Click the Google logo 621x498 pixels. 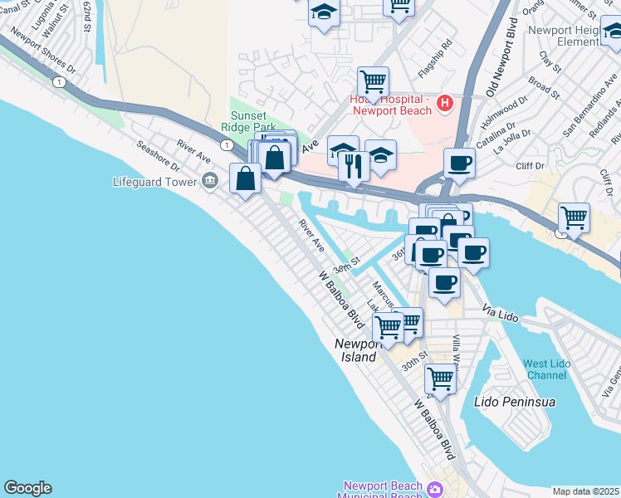(x=27, y=488)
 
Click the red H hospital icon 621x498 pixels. (x=445, y=104)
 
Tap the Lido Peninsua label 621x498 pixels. (x=514, y=402)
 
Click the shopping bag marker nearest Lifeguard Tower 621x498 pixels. (x=246, y=178)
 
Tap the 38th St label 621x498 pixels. (x=345, y=267)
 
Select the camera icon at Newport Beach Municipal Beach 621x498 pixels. (x=434, y=489)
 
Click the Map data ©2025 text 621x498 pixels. (x=586, y=491)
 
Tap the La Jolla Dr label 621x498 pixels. (x=511, y=141)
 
